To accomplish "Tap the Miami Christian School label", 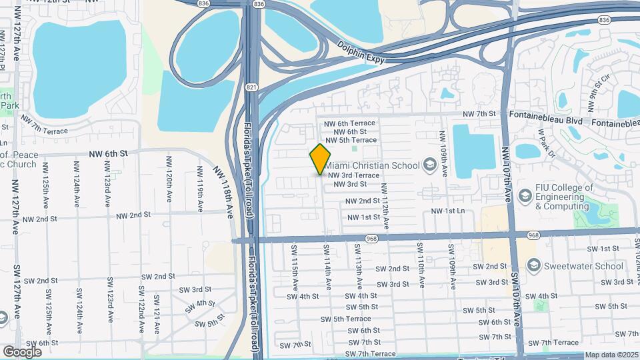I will click(x=371, y=165).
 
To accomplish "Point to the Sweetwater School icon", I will click(x=533, y=266).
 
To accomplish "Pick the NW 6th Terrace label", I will click(x=350, y=124).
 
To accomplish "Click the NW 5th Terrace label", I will click(x=350, y=140).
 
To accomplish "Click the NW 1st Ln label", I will click(x=447, y=211).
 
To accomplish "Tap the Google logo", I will click(x=22, y=351).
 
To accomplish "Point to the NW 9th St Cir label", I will click(x=599, y=91).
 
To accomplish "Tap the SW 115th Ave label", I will click(x=293, y=261).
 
